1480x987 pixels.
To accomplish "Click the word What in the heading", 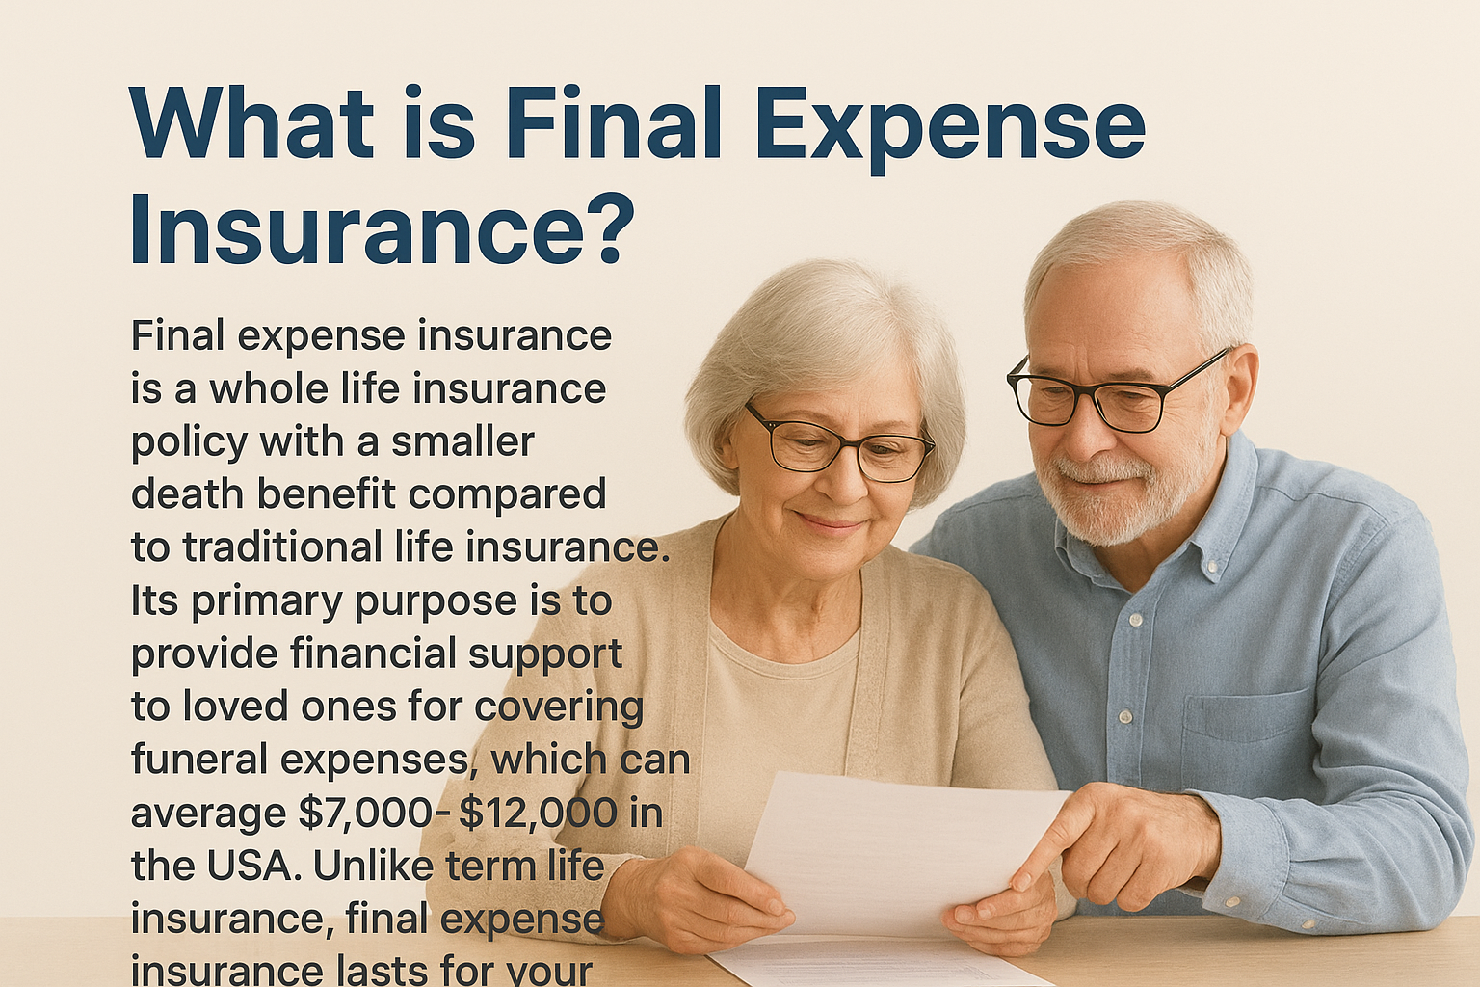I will click(x=251, y=124).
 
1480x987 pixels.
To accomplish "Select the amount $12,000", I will click(x=538, y=813).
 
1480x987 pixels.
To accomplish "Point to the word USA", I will click(x=251, y=866).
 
